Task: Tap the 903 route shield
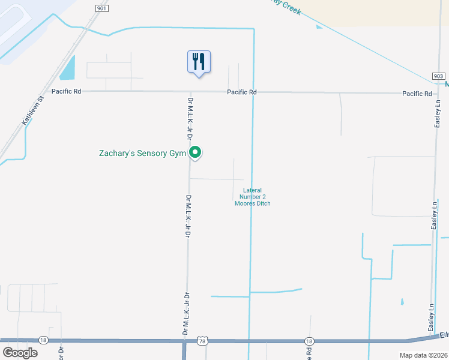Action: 438,76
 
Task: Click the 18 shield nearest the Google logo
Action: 42,340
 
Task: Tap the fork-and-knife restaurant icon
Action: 199,62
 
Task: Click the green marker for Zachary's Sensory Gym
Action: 195,154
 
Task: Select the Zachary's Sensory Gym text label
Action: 143,154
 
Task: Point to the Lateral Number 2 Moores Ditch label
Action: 252,197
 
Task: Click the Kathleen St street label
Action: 34,110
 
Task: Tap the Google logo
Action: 20,353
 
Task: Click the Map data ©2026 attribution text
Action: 423,355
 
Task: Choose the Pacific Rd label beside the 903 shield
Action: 417,94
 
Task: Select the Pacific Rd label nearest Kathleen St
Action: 66,91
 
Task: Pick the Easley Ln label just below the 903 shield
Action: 438,113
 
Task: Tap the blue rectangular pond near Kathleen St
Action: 68,68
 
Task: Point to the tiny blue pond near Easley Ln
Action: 402,301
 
